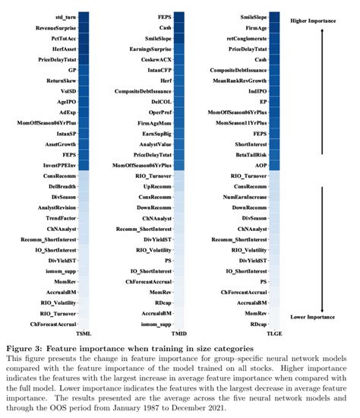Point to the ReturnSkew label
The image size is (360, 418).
click(58, 79)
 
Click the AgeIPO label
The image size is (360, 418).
click(64, 100)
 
